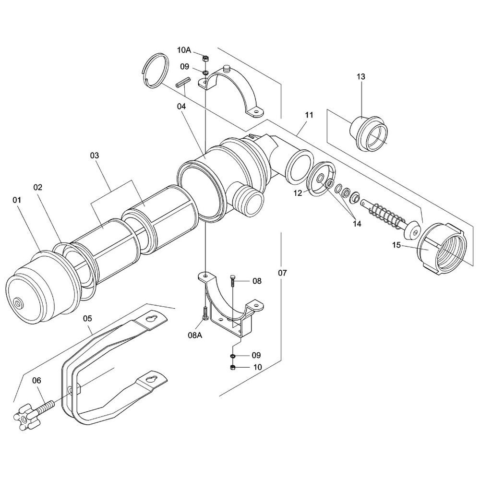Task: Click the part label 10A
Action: point(184,49)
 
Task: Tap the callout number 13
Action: point(361,76)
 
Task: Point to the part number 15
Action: point(396,245)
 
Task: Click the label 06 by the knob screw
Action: point(37,381)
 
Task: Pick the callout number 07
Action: point(282,273)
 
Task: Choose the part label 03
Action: point(95,156)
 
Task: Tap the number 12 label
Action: point(298,193)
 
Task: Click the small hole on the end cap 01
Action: point(19,303)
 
